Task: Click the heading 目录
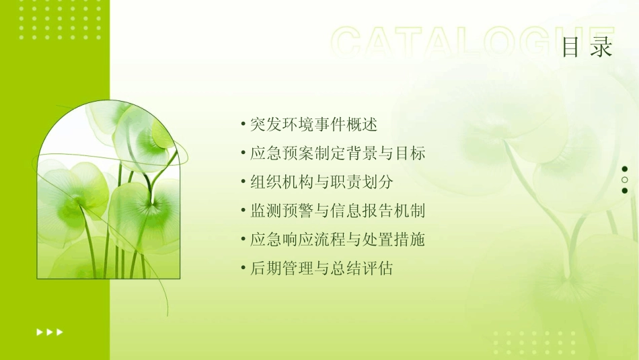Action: pyautogui.click(x=587, y=48)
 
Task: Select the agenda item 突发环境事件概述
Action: pyautogui.click(x=313, y=124)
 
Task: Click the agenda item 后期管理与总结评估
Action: pyautogui.click(x=322, y=269)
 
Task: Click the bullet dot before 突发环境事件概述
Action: pyautogui.click(x=243, y=124)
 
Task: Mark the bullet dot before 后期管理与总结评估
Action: pyautogui.click(x=243, y=269)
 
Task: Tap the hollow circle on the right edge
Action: pyautogui.click(x=625, y=180)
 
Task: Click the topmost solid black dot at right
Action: pyautogui.click(x=625, y=169)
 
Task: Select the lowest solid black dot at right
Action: pyautogui.click(x=625, y=190)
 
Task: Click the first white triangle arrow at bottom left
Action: pyautogui.click(x=40, y=332)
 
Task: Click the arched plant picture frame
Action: pyautogui.click(x=108, y=192)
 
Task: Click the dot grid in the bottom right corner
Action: pyautogui.click(x=535, y=342)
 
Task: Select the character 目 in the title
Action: pyautogui.click(x=571, y=48)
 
